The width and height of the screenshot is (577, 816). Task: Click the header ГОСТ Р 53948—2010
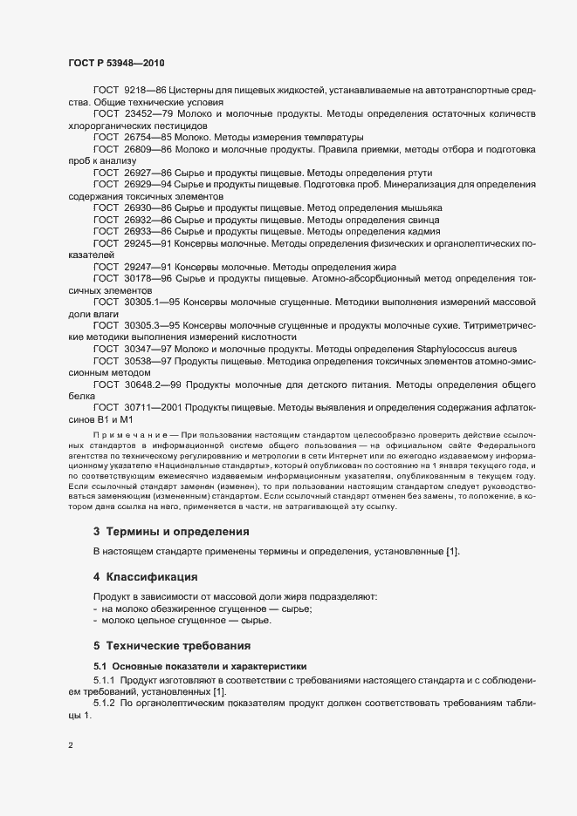pos(115,64)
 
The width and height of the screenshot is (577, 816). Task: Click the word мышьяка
pos(417,208)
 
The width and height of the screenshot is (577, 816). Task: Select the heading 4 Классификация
pos(144,576)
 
